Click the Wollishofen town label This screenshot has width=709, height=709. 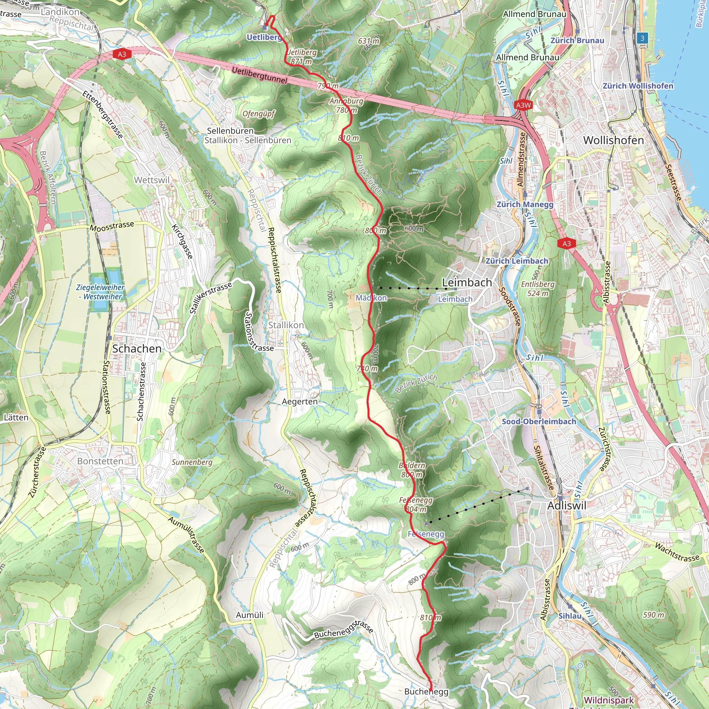[x=613, y=140]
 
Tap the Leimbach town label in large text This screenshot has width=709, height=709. [x=466, y=282]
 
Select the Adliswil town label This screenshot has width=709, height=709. [x=567, y=506]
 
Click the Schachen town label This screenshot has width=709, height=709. [x=136, y=349]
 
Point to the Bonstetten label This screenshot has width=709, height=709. [x=100, y=461]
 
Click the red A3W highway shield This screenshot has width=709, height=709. [x=523, y=105]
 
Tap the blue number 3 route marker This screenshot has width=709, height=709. [x=642, y=38]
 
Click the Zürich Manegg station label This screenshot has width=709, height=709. [x=525, y=204]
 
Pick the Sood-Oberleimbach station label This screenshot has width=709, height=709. [x=539, y=421]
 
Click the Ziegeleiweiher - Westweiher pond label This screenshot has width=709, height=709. [x=100, y=292]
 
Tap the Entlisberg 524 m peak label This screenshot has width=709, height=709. [x=538, y=289]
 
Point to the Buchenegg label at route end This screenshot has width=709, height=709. [x=426, y=692]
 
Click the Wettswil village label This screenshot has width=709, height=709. [x=152, y=180]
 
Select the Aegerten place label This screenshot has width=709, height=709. [x=299, y=402]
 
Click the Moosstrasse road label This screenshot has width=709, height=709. [x=112, y=226]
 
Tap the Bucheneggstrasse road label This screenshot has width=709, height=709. [x=343, y=629]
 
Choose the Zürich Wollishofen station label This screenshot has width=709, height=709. [x=638, y=86]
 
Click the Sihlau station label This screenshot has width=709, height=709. [x=569, y=616]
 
